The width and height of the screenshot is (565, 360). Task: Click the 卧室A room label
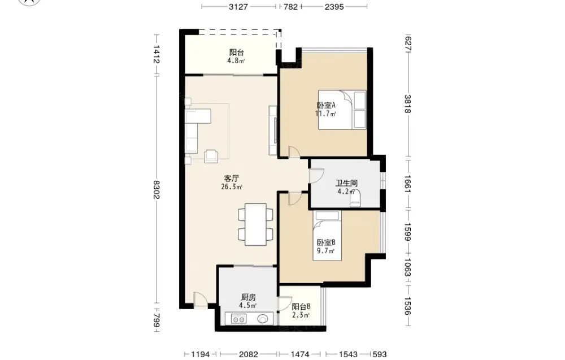tap(326, 105)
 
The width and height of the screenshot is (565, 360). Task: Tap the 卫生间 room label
tap(346, 184)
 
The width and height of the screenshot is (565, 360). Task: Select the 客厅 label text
tap(231, 179)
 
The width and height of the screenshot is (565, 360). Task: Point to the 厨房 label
tap(248, 297)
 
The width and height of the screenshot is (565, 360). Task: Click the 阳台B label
tap(301, 307)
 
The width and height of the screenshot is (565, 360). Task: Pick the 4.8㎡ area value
tap(236, 61)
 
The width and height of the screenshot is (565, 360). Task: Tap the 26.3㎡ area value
tap(231, 186)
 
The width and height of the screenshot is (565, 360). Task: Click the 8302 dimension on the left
tap(157, 189)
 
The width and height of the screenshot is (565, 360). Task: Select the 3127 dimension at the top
tap(238, 6)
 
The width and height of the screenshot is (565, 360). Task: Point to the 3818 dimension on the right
tap(407, 104)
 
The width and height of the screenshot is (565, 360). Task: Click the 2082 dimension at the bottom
tap(248, 354)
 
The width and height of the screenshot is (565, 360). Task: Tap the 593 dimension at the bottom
tap(380, 354)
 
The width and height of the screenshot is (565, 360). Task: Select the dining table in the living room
tap(255, 224)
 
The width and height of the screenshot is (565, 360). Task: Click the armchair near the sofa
tap(211, 155)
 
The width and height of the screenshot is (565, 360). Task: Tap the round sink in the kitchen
tap(263, 319)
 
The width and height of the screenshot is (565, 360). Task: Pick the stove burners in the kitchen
tap(238, 319)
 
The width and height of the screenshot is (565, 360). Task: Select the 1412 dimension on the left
tap(157, 54)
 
